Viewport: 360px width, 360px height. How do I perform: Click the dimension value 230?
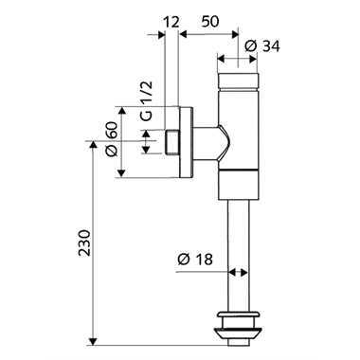82,247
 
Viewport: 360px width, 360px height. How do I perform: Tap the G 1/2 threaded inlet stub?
172,143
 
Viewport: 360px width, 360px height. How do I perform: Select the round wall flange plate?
189,143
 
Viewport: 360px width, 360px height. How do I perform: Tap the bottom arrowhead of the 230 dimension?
92,336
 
